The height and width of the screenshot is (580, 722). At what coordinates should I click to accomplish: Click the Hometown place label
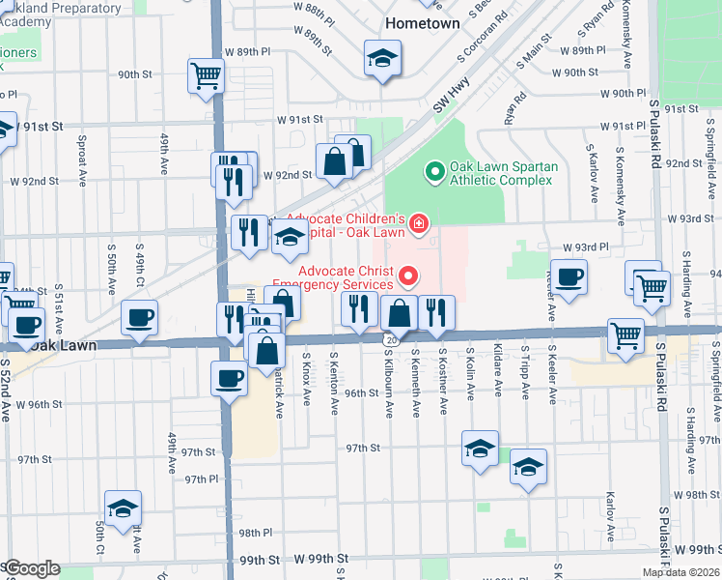422,20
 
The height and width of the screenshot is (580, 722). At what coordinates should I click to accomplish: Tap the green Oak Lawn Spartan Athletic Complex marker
434,173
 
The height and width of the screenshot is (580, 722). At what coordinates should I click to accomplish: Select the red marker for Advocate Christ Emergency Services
408,277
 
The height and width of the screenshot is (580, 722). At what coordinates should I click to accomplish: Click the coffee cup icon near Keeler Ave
569,276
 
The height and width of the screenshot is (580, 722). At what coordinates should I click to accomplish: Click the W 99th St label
320,560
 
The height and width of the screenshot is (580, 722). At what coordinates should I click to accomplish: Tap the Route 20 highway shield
388,339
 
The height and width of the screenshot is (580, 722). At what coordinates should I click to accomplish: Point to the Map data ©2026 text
680,572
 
